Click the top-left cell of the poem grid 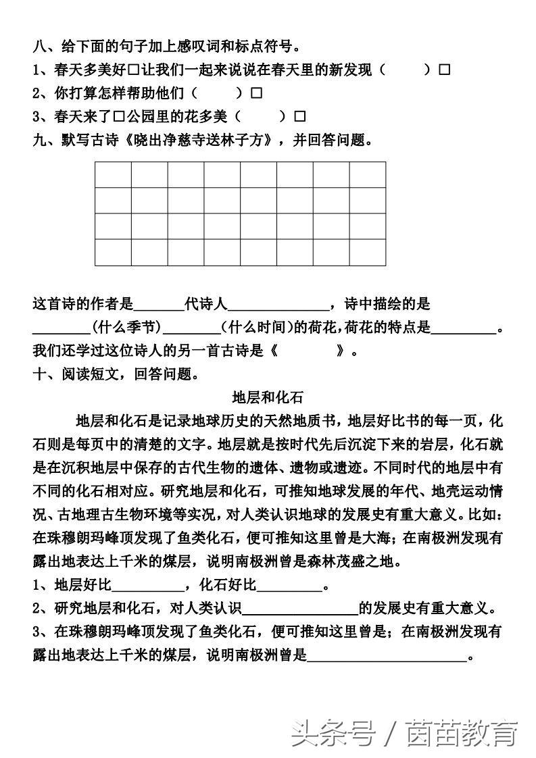click(113, 174)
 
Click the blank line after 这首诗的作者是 click(160, 305)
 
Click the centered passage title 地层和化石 click(268, 397)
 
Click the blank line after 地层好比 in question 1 click(147, 585)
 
